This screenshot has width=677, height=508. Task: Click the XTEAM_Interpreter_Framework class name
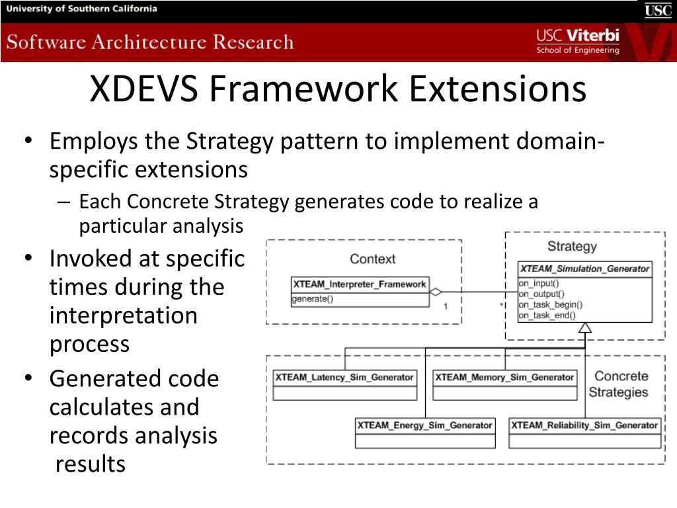point(360,284)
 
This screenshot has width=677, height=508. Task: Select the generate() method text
point(313,299)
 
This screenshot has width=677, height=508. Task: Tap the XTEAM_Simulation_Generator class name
point(585,269)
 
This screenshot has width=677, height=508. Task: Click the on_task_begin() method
point(551,304)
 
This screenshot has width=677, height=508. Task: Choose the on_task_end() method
point(547,316)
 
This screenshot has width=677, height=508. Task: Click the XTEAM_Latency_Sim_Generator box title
point(344,378)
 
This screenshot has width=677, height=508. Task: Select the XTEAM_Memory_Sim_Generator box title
point(504,378)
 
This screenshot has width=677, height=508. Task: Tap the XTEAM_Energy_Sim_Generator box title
point(425,425)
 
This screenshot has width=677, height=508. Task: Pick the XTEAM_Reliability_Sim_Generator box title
point(584,425)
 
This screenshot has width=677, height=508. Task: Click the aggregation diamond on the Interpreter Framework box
point(436,292)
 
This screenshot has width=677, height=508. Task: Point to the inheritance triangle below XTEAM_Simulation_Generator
point(585,328)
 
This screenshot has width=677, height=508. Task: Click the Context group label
point(373,259)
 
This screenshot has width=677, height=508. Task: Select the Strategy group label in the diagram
point(572,246)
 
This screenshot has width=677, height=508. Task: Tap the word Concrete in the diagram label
point(621,376)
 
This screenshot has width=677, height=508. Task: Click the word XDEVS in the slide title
point(143,89)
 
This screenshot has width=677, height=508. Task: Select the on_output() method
point(541,294)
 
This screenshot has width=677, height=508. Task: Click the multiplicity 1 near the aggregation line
point(446,306)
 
